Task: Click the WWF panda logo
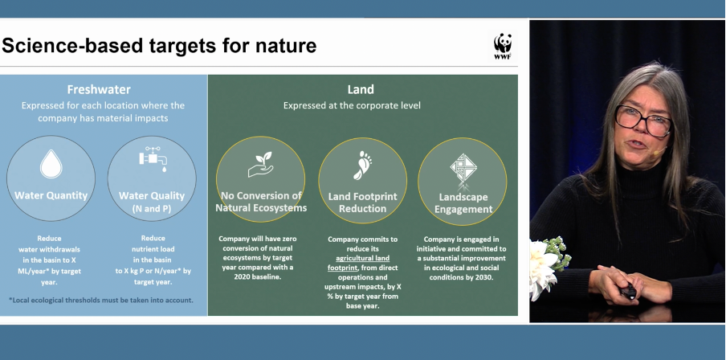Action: [503, 47]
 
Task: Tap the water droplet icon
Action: [51, 164]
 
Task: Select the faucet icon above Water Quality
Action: [153, 159]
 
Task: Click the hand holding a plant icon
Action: [261, 165]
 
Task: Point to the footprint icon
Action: [362, 165]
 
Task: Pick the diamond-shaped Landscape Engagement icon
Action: [463, 168]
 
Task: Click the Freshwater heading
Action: [99, 89]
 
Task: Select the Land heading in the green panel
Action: [361, 89]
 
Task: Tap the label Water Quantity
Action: [51, 195]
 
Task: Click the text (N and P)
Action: [152, 209]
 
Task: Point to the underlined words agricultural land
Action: [362, 258]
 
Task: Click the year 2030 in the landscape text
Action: [485, 277]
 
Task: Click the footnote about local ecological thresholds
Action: [101, 301]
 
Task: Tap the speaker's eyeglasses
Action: [644, 121]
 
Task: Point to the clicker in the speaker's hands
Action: [628, 292]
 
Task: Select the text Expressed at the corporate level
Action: [352, 105]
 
